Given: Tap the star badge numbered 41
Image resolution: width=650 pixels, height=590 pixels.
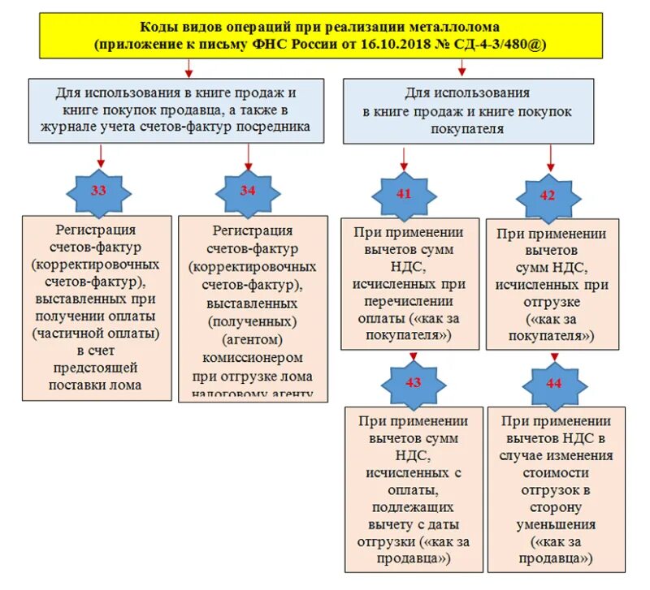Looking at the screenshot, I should point(404,194).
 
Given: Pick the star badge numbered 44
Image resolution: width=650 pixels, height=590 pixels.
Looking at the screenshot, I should point(553,383).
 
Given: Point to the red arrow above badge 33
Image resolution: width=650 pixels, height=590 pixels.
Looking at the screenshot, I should point(101,154).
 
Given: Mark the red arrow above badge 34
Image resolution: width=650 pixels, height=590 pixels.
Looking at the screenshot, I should point(247,154).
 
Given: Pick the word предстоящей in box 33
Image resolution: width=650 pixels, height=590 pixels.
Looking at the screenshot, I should point(96,368).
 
